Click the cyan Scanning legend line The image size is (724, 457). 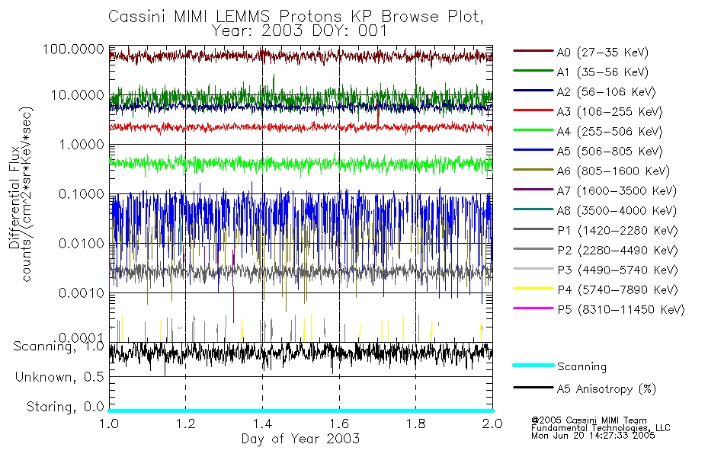[x=532, y=366]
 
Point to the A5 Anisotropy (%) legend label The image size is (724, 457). [x=606, y=389]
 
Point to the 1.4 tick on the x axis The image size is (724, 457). [x=262, y=423]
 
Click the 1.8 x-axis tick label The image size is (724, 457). [x=415, y=423]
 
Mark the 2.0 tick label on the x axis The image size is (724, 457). [x=492, y=423]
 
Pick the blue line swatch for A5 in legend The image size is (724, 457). [x=532, y=151]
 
